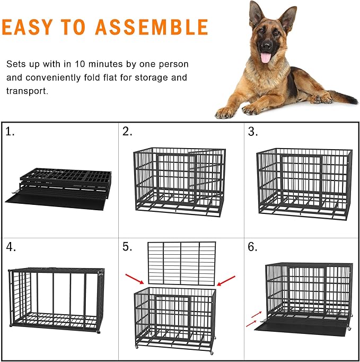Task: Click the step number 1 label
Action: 10,132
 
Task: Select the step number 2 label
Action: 127,132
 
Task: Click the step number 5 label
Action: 127,247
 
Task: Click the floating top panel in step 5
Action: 181,263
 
